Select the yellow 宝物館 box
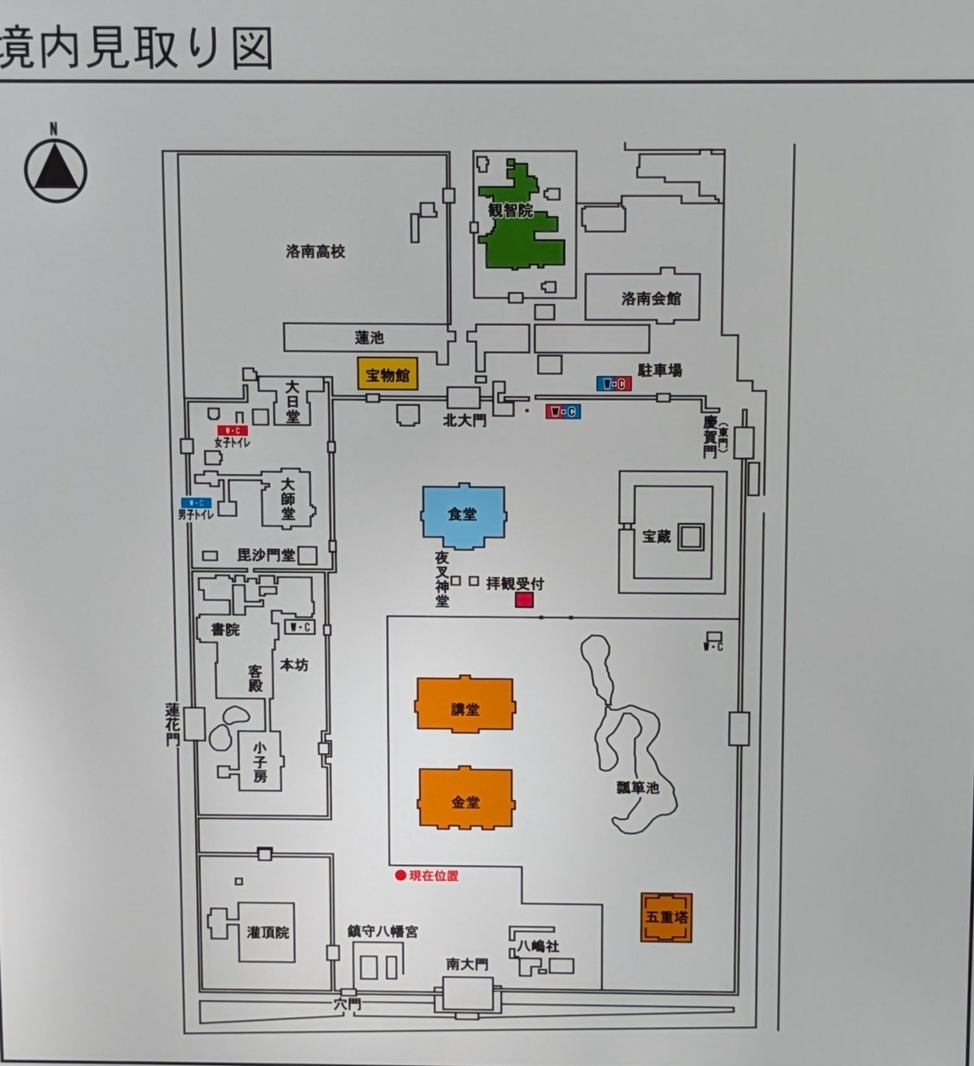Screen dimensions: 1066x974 pos(386,374)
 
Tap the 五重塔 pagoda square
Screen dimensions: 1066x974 pos(666,916)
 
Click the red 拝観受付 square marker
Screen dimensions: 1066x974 pos(524,601)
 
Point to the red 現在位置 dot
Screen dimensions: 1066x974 pos(400,876)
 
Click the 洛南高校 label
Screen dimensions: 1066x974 pos(315,252)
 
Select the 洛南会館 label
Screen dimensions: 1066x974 pos(651,298)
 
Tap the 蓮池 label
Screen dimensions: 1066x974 pos(368,338)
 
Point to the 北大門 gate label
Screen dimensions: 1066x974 pos(465,420)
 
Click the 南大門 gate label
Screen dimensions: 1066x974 pos(467,965)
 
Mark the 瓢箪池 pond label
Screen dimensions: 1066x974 pos(637,787)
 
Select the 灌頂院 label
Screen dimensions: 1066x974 pos(268,932)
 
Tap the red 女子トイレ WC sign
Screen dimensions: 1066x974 pos(233,430)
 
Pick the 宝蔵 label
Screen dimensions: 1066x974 pos(657,537)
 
